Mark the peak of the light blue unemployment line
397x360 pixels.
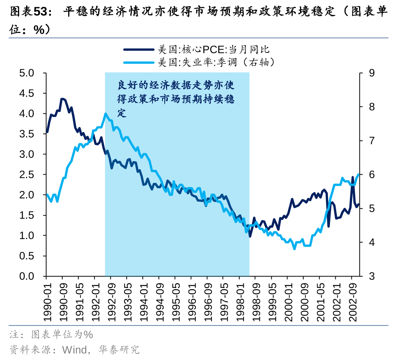(x=105, y=113)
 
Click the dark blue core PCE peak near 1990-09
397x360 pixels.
(x=62, y=99)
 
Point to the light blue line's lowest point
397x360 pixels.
(x=294, y=249)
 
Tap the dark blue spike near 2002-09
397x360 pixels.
(x=353, y=177)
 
